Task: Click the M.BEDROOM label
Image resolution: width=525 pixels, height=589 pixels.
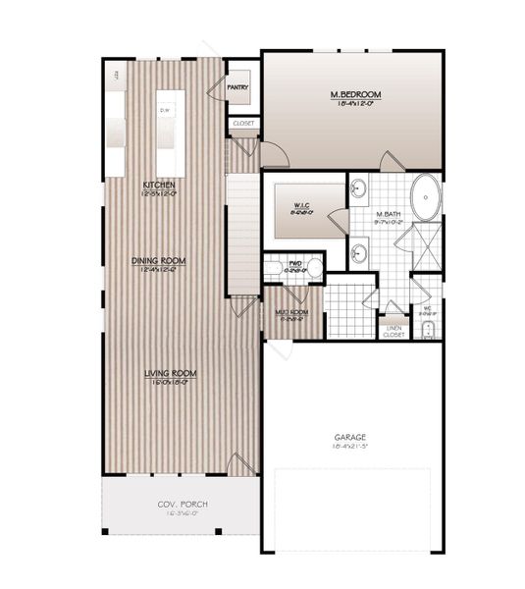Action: pos(354,94)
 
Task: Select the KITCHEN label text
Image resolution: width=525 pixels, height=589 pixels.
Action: pos(159,185)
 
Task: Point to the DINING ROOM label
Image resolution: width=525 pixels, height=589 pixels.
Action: pos(159,261)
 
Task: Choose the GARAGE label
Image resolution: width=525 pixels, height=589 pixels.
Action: pos(348,438)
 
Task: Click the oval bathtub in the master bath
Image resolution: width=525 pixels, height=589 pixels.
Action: pos(425,196)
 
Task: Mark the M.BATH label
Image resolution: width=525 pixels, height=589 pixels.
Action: pos(387,213)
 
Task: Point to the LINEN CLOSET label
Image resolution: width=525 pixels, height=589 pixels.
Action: pos(394,331)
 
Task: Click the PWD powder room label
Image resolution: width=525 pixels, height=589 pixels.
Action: pos(294,263)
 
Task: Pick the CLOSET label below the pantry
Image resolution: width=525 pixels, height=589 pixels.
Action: pos(243,124)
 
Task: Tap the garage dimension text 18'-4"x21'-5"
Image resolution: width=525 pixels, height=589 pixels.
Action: pos(348,447)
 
